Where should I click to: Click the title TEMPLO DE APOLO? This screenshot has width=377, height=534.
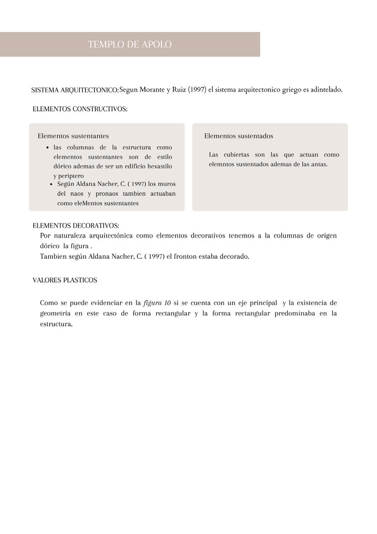point(130,44)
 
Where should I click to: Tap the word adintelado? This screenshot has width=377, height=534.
point(326,89)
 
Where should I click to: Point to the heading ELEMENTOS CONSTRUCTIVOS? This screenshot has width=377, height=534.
point(80,109)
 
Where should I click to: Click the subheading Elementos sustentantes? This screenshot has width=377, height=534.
point(73,136)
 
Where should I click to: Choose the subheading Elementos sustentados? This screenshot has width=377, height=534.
point(239,136)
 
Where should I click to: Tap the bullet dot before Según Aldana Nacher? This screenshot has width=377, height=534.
point(52,184)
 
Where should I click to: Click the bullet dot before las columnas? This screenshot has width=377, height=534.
point(48,148)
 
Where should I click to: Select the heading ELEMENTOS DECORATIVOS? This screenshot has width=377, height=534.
point(76,226)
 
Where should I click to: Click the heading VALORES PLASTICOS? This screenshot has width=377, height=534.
point(65,280)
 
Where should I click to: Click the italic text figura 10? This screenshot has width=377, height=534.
point(157,303)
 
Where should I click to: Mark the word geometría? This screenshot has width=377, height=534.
point(55,314)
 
